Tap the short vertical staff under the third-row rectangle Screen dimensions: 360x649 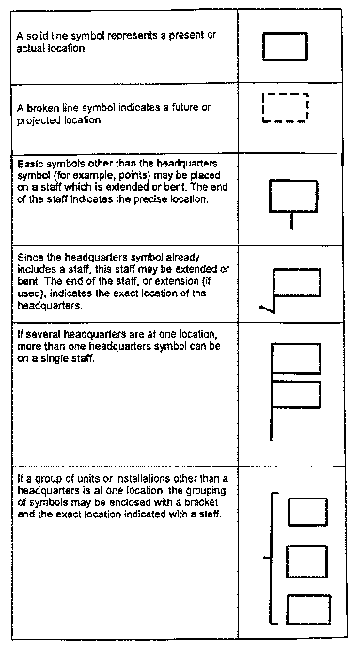(292, 221)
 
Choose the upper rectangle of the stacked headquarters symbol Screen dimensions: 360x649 (295, 360)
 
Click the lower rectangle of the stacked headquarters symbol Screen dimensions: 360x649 (295, 396)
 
